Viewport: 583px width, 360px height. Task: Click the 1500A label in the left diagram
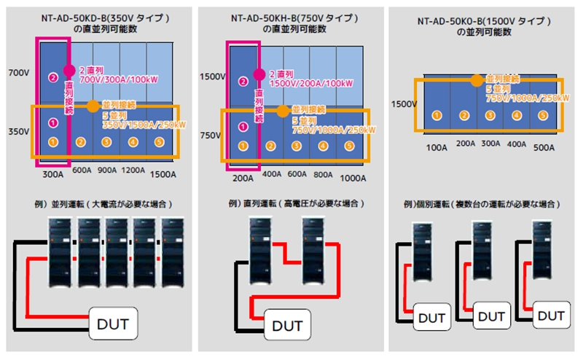(163, 176)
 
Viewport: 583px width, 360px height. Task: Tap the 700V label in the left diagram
(17, 74)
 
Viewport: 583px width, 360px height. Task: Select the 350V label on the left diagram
(17, 133)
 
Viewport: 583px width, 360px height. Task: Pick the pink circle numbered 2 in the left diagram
(52, 77)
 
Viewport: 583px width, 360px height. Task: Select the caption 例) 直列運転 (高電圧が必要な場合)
(292, 203)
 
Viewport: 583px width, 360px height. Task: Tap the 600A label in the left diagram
(82, 171)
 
